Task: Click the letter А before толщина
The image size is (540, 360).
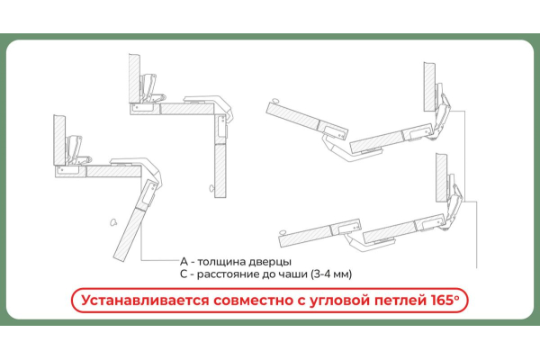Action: tap(184, 262)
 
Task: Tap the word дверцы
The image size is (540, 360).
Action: tap(270, 262)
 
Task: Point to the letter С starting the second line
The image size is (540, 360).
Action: tap(184, 274)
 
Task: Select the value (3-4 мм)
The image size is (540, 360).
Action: tap(331, 274)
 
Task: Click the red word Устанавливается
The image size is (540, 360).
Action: tap(145, 301)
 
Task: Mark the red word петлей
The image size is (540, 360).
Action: tap(400, 301)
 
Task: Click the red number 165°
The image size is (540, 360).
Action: tap(445, 300)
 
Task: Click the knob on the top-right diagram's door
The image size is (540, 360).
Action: tap(275, 101)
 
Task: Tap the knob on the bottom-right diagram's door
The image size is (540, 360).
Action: tap(283, 232)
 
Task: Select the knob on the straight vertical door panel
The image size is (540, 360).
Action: tap(211, 188)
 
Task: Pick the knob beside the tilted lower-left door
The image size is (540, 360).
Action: tap(113, 222)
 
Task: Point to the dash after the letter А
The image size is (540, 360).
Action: tap(193, 263)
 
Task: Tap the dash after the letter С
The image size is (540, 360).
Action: tap(193, 275)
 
